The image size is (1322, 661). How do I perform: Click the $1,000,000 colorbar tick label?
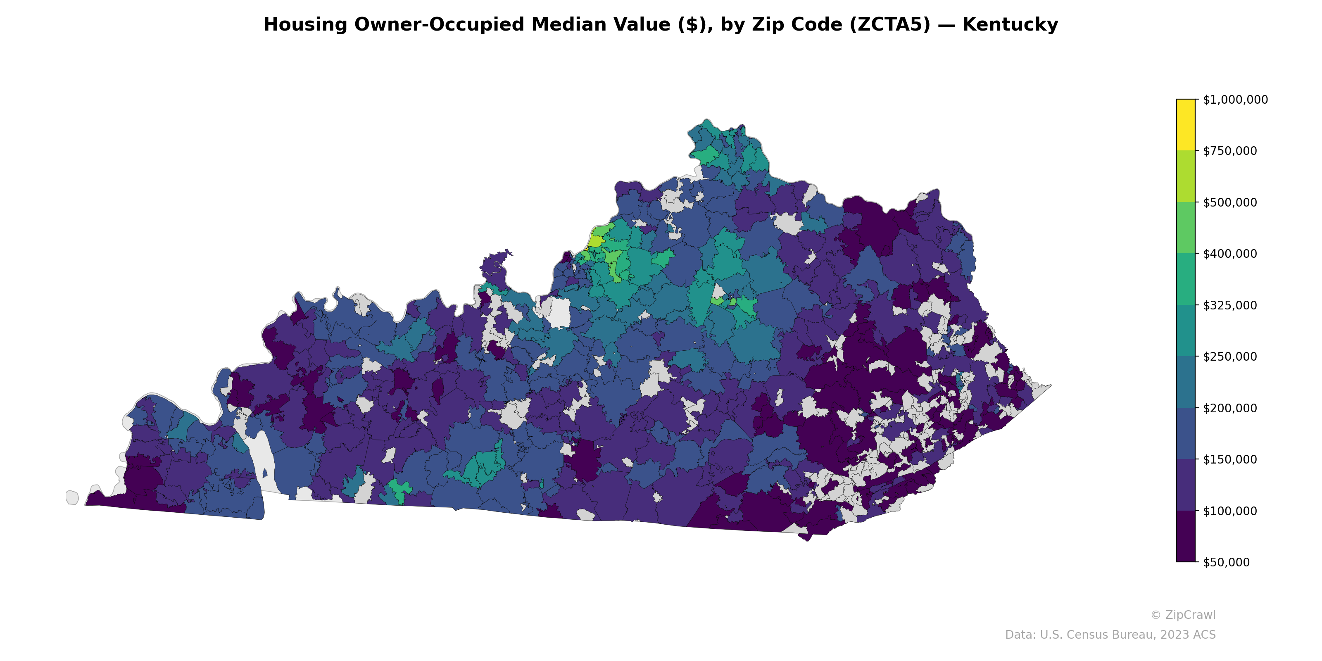click(x=1235, y=100)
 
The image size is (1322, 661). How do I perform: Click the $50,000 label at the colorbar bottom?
click(x=1226, y=562)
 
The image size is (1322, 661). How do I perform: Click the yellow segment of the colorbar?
click(x=1186, y=125)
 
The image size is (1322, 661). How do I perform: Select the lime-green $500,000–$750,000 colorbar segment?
click(x=1186, y=176)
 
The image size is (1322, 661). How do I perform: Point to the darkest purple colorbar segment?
click(x=1186, y=536)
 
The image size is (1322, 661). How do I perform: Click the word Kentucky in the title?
click(x=1010, y=25)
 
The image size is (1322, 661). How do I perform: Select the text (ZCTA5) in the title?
click(x=890, y=25)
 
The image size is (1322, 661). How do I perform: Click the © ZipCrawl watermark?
click(x=1183, y=615)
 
